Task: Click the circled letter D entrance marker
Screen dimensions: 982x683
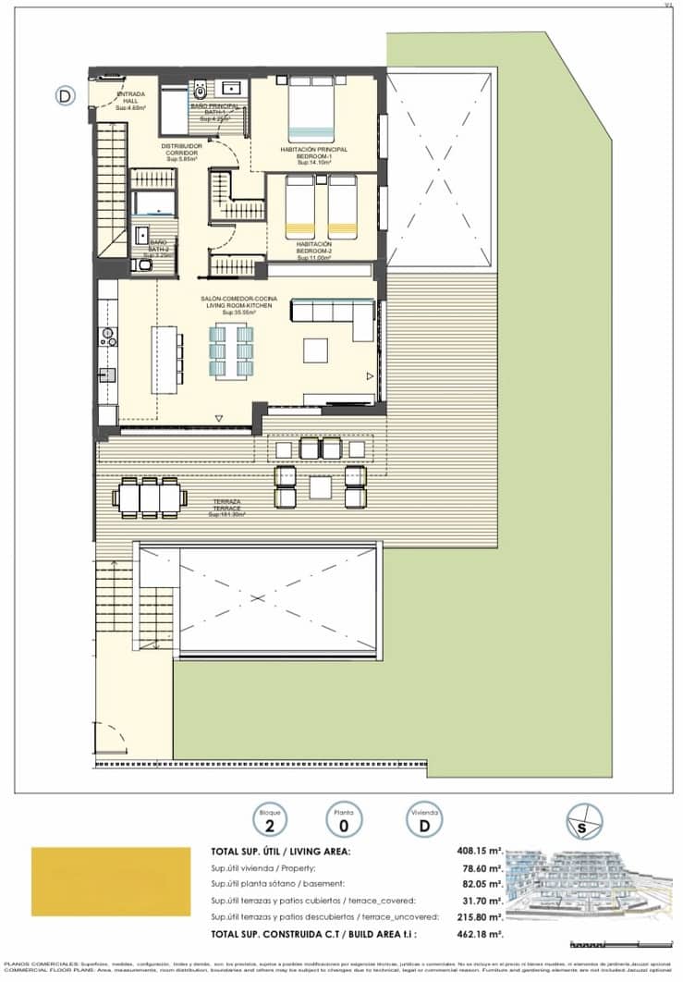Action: pos(65,94)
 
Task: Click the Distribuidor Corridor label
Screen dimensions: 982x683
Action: pos(180,153)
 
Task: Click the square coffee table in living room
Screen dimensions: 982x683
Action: pos(315,350)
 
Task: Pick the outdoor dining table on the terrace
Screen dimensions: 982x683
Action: pos(148,497)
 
